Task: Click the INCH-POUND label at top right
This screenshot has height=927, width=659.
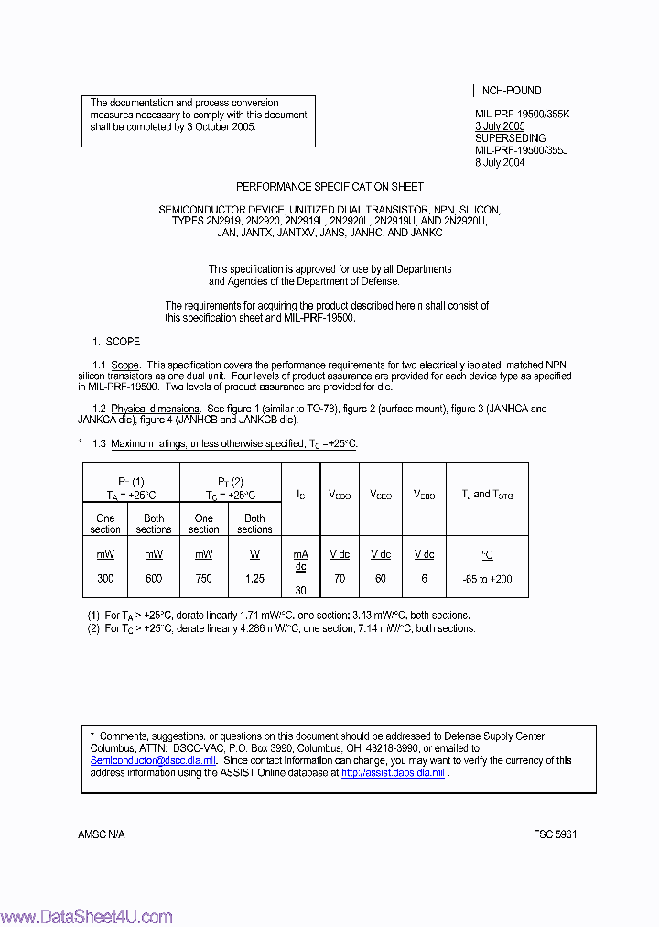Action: click(x=511, y=91)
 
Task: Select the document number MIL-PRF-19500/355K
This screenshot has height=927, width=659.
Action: click(x=522, y=115)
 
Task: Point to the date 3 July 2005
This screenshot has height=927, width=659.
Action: click(x=500, y=126)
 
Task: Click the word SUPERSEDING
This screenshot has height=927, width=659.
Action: click(x=510, y=138)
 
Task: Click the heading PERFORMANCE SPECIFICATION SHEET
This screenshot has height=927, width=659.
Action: click(x=329, y=186)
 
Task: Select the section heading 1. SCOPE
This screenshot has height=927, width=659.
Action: click(x=116, y=342)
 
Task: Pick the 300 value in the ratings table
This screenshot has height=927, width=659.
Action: click(x=105, y=578)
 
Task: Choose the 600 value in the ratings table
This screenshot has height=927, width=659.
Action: click(x=153, y=578)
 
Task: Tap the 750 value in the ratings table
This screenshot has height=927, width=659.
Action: click(x=203, y=578)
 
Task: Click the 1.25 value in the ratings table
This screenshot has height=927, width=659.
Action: click(x=254, y=578)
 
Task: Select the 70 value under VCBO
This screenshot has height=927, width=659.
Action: click(x=340, y=578)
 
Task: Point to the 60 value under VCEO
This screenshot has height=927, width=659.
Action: click(x=380, y=578)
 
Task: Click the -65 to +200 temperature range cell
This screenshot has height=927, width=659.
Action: click(x=487, y=578)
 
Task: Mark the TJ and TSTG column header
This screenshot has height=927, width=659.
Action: click(x=487, y=495)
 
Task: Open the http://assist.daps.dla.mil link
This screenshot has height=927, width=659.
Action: click(x=393, y=773)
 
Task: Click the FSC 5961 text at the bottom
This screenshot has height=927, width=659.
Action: click(x=556, y=834)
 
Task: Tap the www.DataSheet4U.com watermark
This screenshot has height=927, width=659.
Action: click(x=87, y=916)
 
